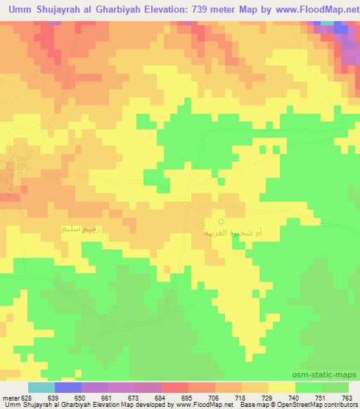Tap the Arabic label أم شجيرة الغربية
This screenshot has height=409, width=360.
222,232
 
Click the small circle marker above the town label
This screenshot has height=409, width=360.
221,222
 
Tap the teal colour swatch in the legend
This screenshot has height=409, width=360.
41,387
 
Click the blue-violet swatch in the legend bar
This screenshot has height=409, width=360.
68,387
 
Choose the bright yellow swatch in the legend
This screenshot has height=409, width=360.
281,387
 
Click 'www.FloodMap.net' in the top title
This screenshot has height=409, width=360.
316,9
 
